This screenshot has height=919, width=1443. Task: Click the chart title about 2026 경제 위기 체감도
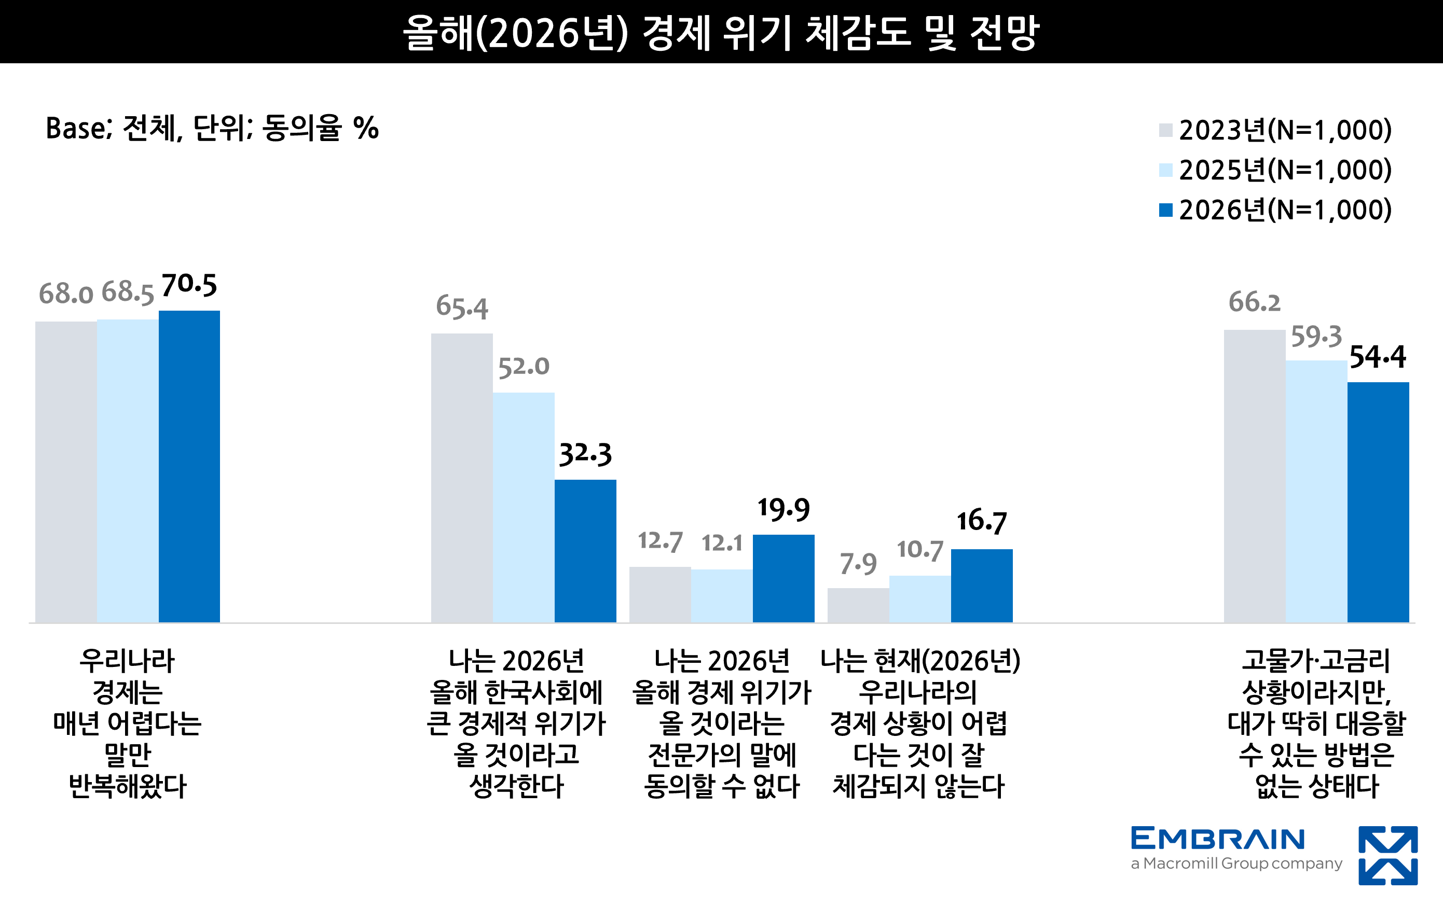click(721, 32)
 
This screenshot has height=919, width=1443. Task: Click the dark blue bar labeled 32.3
click(585, 551)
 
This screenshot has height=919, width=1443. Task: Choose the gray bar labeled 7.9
click(858, 605)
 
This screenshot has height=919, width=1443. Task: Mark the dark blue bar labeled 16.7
click(982, 586)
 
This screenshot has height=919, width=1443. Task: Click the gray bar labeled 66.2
click(1254, 476)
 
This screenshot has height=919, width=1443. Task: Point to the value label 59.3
click(1316, 337)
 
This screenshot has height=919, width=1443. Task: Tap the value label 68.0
click(66, 294)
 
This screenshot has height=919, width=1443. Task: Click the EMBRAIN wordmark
click(1218, 839)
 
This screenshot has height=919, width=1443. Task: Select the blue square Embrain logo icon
click(1388, 856)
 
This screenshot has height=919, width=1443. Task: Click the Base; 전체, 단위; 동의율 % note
click(212, 128)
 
